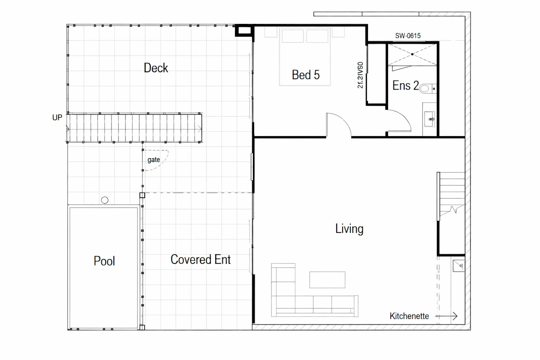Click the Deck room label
156,68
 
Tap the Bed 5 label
305,75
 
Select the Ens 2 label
406,85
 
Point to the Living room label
349,228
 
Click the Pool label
104,261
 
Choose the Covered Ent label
201,259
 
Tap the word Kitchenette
409,316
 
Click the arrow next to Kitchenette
447,316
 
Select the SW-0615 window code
408,36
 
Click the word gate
154,160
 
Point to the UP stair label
57,117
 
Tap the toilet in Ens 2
428,88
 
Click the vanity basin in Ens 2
430,119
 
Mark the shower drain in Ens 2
412,54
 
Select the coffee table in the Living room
327,280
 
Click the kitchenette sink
459,266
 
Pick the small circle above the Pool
105,200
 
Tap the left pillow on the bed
293,36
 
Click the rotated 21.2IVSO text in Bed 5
360,75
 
